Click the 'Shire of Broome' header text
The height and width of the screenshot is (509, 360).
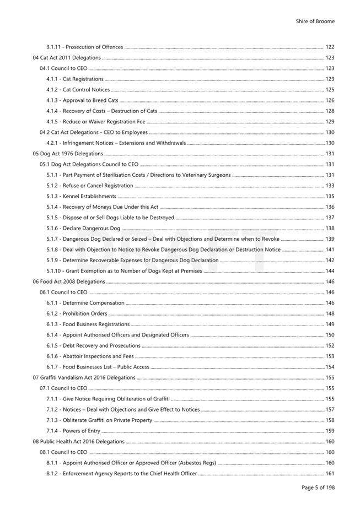pyautogui.click(x=315, y=21)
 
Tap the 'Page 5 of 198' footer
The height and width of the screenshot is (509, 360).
pyautogui.click(x=318, y=488)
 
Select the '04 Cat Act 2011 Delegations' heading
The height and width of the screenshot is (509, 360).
pyautogui.click(x=67, y=58)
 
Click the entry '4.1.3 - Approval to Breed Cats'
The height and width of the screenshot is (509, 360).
pyautogui.click(x=82, y=100)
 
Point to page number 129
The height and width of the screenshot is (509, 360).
pyautogui.click(x=330, y=122)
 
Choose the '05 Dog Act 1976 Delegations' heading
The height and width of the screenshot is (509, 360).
pyautogui.click(x=68, y=154)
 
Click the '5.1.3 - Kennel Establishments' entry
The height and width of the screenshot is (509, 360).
pyautogui.click(x=82, y=196)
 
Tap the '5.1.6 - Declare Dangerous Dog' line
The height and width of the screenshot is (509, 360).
pyautogui.click(x=83, y=228)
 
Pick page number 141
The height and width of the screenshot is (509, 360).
pyautogui.click(x=330, y=250)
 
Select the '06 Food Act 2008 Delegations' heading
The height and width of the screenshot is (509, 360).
pyautogui.click(x=69, y=281)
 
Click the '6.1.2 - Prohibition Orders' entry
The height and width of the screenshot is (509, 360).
pyautogui.click(x=77, y=313)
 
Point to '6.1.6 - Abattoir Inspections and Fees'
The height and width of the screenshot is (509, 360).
pyautogui.click(x=90, y=356)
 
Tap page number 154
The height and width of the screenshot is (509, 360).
pyautogui.click(x=330, y=367)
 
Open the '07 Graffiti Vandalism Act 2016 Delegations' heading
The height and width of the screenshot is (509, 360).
pyautogui.click(x=84, y=378)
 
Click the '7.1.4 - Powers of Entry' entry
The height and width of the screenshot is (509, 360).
pyautogui.click(x=73, y=431)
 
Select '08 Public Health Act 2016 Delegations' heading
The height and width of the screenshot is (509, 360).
pyautogui.click(x=78, y=442)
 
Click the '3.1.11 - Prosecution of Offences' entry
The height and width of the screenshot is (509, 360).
pyautogui.click(x=85, y=47)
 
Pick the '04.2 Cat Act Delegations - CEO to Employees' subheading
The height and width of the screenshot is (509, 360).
pyautogui.click(x=94, y=132)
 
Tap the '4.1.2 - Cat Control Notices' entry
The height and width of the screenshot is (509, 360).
pyautogui.click(x=78, y=90)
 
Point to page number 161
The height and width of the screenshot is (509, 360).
pyautogui.click(x=330, y=474)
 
